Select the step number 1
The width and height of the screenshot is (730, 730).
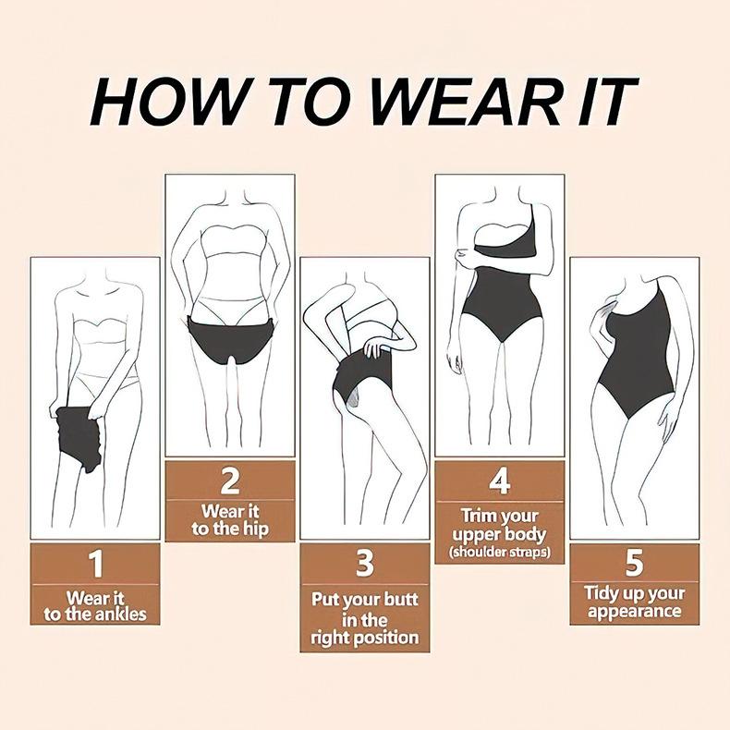(95, 564)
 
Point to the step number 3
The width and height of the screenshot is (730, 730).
(365, 563)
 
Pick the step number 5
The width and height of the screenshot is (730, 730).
(634, 563)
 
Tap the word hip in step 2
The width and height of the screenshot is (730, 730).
(256, 529)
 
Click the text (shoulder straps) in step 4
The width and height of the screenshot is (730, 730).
(500, 553)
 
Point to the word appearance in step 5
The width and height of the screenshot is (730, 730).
(635, 612)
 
